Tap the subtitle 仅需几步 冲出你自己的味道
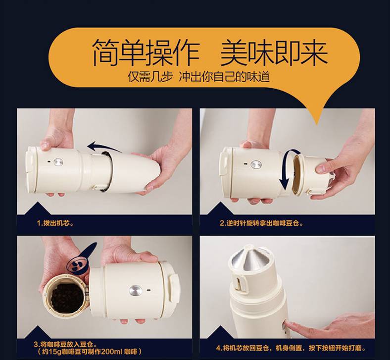coord(199,77)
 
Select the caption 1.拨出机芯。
coord(55,223)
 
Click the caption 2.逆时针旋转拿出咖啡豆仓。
coord(262,223)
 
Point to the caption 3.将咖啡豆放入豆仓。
coord(65,344)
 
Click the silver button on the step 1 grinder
coord(58,162)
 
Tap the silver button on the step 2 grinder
coord(256,164)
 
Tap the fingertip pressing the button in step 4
coord(288,325)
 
